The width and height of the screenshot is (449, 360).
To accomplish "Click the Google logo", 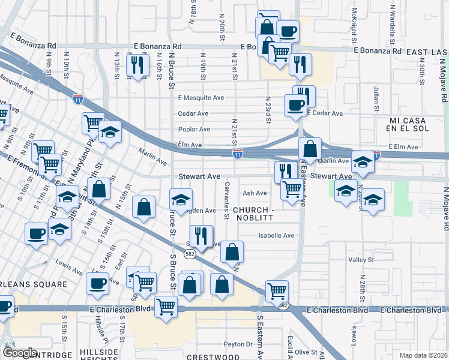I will point(20,353).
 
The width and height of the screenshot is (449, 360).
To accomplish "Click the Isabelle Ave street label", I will point(276,236).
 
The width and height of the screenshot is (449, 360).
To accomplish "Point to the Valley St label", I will point(362,260).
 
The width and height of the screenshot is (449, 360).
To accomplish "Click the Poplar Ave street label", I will point(194,129).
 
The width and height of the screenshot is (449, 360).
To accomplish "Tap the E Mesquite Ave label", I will point(200,97).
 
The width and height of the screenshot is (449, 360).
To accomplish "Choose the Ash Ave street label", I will point(255,193).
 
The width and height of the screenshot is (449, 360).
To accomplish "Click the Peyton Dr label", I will point(238,344).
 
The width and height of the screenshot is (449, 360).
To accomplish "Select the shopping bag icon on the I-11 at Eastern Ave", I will point(310,148).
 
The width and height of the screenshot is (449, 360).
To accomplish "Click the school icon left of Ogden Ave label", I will point(181,200).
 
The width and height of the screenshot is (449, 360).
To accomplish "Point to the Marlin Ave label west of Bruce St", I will point(152,157).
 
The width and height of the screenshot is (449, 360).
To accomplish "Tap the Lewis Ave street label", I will point(67,263).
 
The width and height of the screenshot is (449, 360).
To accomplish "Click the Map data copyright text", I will point(423,354).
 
